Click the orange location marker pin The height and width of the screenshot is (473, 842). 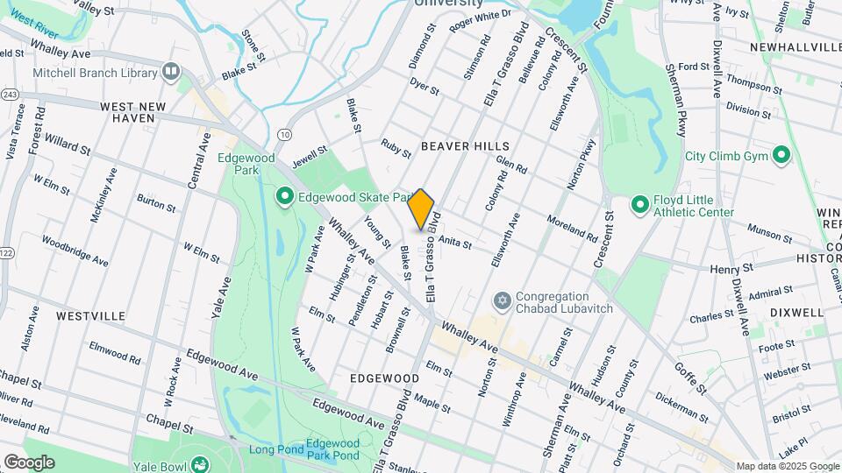(421, 208)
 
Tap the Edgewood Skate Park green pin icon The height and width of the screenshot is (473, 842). (284, 198)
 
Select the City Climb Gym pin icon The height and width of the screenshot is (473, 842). (781, 157)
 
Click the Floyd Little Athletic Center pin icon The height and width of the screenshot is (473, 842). (640, 205)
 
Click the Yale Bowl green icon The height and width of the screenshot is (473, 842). (199, 464)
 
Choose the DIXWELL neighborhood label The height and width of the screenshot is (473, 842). (796, 312)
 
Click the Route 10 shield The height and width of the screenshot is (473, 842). (285, 134)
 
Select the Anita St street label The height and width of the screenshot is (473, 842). (455, 241)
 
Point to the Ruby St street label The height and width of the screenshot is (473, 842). (396, 147)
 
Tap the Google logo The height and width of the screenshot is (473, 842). (28, 462)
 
